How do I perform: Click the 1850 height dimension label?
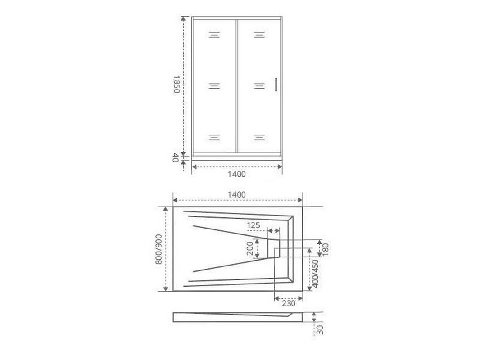pyautogui.click(x=176, y=85)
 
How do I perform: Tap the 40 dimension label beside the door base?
pyautogui.click(x=176, y=158)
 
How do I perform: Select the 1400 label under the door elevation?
pyautogui.click(x=237, y=174)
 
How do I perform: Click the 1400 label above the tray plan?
pyautogui.click(x=237, y=194)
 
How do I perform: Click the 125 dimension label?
pyautogui.click(x=254, y=225)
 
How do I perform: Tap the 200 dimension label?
pyautogui.click(x=250, y=248)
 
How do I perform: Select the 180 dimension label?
pyautogui.click(x=325, y=250)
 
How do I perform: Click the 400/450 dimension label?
pyautogui.click(x=315, y=273)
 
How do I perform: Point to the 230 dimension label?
pyautogui.click(x=288, y=303)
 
